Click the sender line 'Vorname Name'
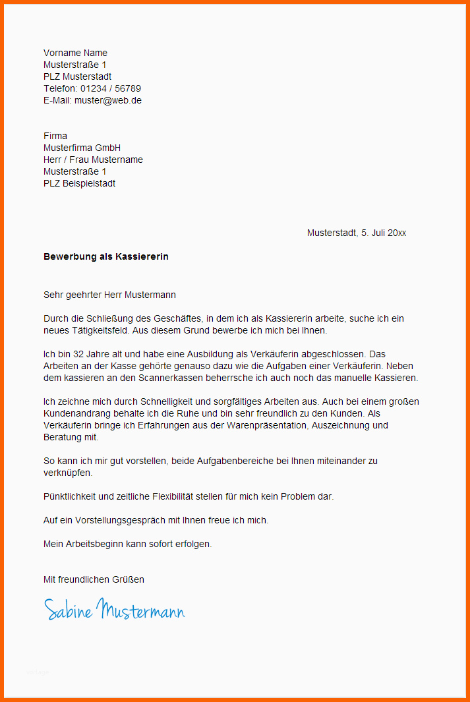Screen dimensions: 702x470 pos(75,53)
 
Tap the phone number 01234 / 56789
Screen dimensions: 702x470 pos(111,88)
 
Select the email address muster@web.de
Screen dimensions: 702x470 pos(108,100)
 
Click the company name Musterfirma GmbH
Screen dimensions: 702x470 pos(82,148)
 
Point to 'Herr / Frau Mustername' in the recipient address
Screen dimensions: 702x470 pos(93,160)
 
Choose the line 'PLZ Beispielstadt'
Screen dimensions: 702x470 pos(79,183)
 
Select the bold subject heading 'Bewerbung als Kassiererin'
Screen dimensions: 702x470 pos(105,256)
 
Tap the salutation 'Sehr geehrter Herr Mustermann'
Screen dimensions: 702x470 pos(109,295)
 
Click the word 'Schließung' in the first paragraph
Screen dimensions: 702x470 pos(132,318)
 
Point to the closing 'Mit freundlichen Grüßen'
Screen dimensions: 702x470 pos(94,579)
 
